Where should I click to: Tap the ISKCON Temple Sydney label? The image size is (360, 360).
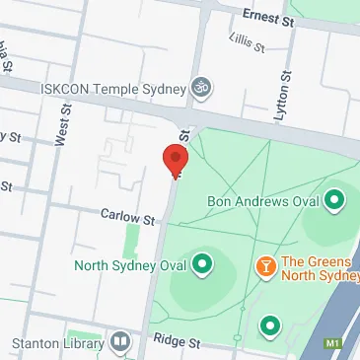tap(111, 88)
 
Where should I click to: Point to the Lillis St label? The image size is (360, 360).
tap(245, 41)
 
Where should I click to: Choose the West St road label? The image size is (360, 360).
tap(63, 125)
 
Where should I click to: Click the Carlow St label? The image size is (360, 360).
tap(127, 216)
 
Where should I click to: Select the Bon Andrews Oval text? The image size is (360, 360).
tap(263, 201)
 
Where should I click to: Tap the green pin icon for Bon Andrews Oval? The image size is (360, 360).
tap(335, 200)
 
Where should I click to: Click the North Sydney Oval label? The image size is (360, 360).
tap(130, 264)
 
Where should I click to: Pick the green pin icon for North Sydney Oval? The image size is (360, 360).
tap(202, 264)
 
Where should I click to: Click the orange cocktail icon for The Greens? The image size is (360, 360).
tap(265, 265)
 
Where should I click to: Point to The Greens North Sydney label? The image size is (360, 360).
tap(319, 268)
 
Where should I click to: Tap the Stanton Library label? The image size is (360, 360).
tap(57, 344)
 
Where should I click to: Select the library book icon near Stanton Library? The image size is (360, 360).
tap(119, 342)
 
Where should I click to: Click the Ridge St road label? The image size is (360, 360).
tap(176, 342)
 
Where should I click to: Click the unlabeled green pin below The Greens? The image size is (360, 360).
tap(269, 324)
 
